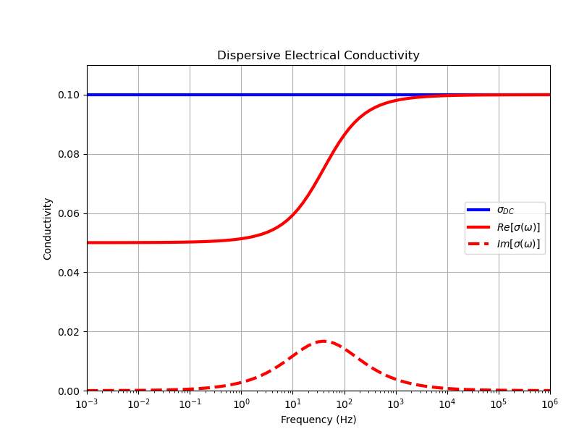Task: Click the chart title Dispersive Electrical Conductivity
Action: (318, 56)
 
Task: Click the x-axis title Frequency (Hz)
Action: (318, 420)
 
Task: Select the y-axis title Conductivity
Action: (48, 229)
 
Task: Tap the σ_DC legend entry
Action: (504, 210)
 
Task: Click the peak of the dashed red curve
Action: (323, 341)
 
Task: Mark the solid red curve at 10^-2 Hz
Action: (138, 242)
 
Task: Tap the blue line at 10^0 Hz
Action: (242, 95)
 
